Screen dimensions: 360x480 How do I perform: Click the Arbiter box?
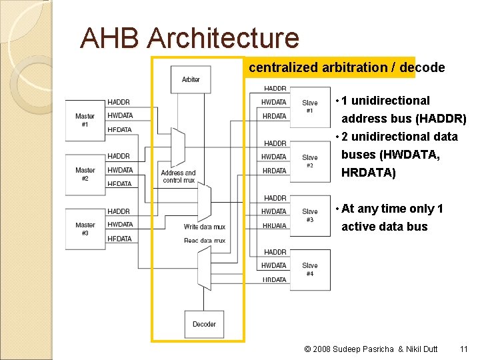click(x=191, y=79)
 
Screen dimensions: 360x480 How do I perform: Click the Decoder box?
click(x=204, y=324)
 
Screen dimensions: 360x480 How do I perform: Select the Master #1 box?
click(x=85, y=120)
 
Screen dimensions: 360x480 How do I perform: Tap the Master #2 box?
click(x=85, y=174)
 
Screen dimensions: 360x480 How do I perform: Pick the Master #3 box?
click(x=85, y=229)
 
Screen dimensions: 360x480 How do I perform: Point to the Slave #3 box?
click(x=310, y=215)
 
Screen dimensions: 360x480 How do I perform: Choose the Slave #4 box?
click(x=310, y=269)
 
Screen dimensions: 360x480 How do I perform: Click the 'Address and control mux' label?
click(x=178, y=177)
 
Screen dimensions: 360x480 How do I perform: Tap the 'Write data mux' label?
click(x=205, y=227)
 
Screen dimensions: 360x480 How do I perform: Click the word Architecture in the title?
click(x=223, y=38)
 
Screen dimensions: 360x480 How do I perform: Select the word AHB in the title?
click(x=110, y=38)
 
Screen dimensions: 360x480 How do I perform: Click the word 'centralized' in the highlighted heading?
click(x=284, y=67)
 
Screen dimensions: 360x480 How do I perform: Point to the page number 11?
click(x=464, y=349)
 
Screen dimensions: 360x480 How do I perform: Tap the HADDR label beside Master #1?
click(x=119, y=102)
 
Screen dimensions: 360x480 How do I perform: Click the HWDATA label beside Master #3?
click(x=120, y=225)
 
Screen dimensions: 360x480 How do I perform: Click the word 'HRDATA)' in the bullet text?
click(x=369, y=173)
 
